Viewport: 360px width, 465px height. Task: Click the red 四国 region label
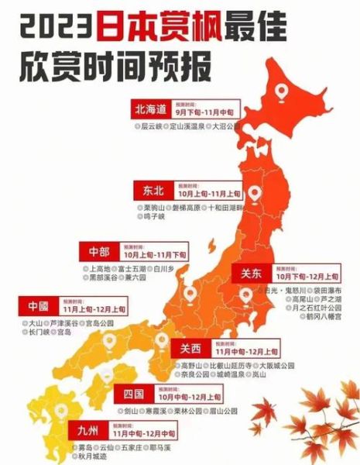click(132, 394)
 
